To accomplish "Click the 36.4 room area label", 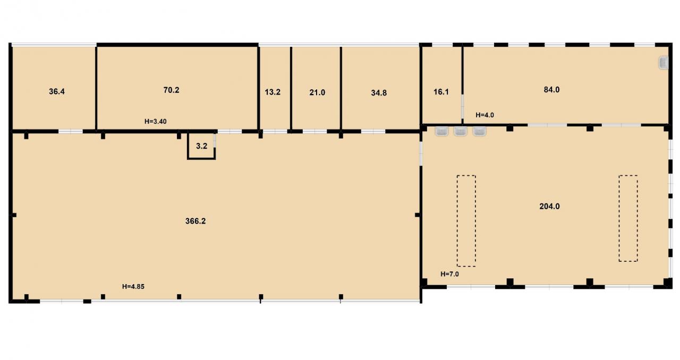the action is (57, 91).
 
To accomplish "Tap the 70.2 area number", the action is (171, 90).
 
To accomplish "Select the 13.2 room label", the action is (273, 92).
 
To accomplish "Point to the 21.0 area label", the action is (317, 92).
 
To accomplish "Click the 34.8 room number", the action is (379, 93).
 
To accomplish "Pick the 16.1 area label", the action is (441, 92).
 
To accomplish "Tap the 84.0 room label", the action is (551, 90).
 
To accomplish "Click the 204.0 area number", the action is (549, 207).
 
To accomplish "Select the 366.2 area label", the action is (195, 221).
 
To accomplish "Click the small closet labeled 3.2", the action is (201, 146).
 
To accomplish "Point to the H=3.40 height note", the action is (156, 122).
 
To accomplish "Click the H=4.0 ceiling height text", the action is (485, 115).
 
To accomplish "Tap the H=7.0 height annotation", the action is (449, 274).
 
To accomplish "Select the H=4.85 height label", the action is (133, 287).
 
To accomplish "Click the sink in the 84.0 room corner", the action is (664, 63).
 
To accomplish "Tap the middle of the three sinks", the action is (460, 131).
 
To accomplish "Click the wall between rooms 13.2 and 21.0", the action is (291, 88).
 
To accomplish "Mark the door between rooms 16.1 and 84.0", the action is (462, 106).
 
